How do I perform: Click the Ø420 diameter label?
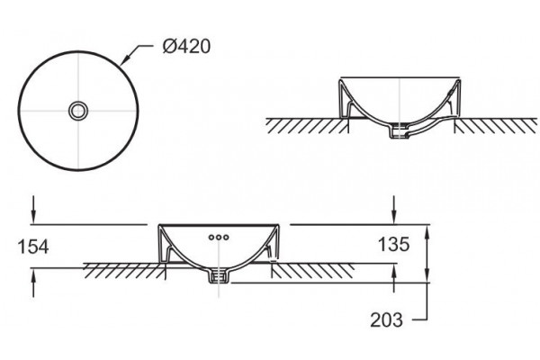(186, 46)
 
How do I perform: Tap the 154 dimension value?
(33, 247)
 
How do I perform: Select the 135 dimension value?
(393, 244)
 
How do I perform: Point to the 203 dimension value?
(386, 319)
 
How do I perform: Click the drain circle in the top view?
(78, 111)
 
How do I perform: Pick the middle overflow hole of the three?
(219, 237)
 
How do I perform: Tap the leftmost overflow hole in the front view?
(211, 237)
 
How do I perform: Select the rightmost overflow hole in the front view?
(226, 237)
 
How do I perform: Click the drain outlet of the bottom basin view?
(219, 276)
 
